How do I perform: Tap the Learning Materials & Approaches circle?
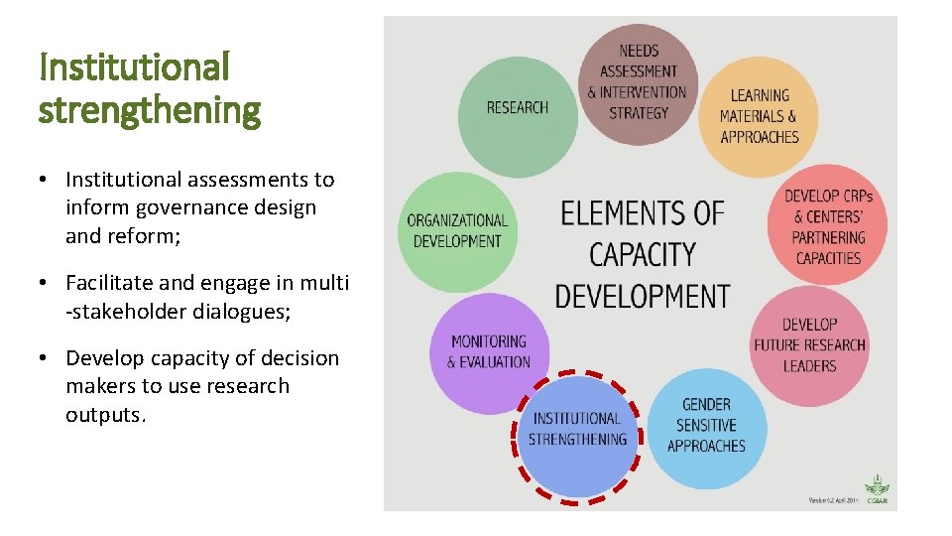[760, 117]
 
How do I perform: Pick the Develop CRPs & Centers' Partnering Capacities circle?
[828, 225]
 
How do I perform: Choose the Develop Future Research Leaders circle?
[808, 345]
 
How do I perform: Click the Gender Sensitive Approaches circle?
[706, 427]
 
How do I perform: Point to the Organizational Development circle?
[457, 231]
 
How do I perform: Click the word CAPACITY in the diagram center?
[642, 254]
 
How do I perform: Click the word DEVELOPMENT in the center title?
[642, 296]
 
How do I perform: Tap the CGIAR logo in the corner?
[877, 490]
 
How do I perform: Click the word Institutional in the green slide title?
[134, 67]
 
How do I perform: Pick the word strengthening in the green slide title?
[149, 110]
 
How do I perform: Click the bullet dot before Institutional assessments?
[46, 181]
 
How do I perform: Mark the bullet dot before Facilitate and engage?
[46, 284]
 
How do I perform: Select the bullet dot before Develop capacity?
[46, 359]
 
